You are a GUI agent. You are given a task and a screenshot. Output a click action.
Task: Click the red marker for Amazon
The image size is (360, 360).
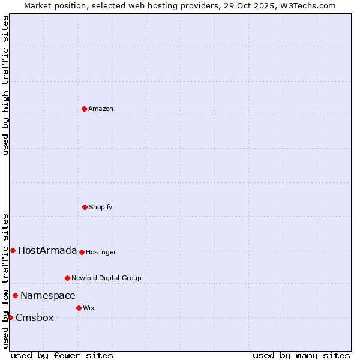point(84,109)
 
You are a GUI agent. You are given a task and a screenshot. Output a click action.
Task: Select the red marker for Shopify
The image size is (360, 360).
point(85,207)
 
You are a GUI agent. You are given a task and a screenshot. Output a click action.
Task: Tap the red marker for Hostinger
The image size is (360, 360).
point(82,252)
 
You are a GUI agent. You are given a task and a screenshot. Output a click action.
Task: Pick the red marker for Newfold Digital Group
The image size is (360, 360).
point(67,278)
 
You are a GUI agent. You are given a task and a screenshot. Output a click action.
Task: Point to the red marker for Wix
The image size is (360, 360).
point(79,308)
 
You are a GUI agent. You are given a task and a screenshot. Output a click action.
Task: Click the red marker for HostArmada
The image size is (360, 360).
point(13,250)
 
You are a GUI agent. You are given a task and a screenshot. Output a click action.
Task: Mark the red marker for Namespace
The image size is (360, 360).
point(15,295)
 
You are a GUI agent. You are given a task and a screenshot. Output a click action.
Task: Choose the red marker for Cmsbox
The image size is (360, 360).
point(10,317)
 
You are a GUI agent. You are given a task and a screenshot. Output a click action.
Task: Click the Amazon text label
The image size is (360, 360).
point(101,109)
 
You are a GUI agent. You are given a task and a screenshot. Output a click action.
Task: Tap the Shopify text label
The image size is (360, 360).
point(101,207)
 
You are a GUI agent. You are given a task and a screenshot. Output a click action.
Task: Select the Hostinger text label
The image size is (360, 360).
point(101,252)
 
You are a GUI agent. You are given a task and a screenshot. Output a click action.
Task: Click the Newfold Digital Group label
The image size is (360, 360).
point(106,278)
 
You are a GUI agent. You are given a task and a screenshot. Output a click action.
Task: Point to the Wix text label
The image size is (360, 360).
point(89,308)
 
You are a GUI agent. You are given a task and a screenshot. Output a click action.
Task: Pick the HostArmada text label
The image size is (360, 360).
point(47,250)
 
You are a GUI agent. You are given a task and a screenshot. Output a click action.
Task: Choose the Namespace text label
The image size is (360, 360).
point(48,295)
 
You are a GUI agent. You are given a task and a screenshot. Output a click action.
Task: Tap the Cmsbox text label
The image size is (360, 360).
point(35,317)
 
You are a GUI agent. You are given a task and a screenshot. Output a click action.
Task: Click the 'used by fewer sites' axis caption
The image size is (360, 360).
point(62,355)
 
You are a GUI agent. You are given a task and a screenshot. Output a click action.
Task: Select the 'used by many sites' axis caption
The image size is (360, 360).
point(301,355)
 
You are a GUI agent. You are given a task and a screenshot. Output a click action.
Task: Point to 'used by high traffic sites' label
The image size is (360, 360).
point(5,85)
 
